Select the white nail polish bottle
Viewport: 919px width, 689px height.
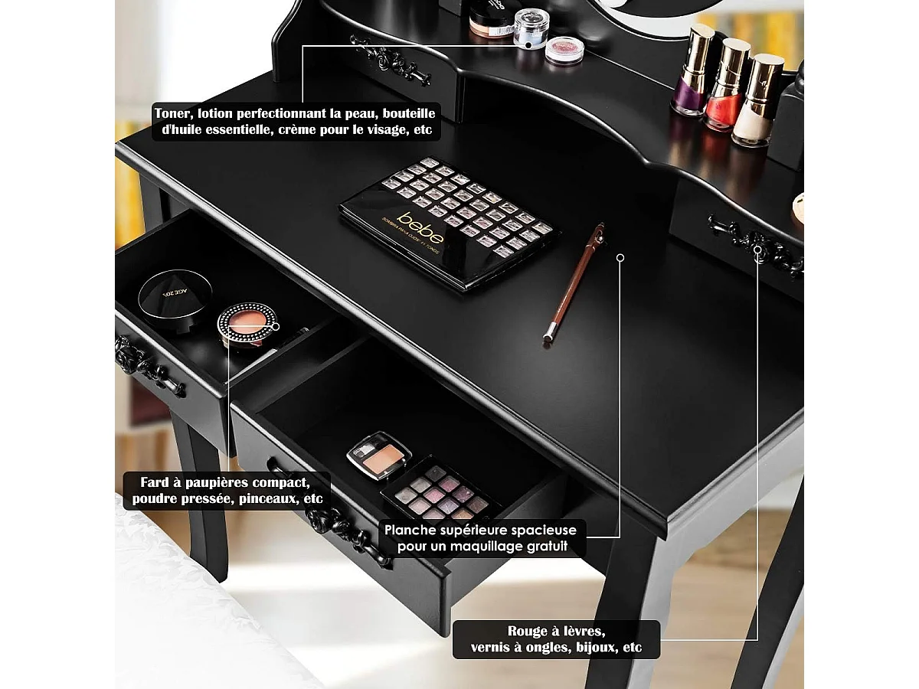(756, 107)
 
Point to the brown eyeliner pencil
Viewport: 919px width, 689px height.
(573, 282)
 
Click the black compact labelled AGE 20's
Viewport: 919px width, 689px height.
(175, 292)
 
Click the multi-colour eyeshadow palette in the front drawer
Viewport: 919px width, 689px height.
(441, 493)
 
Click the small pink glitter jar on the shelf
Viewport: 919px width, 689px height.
(564, 50)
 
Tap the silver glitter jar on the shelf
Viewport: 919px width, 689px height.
(528, 28)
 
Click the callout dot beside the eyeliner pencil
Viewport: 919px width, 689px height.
(620, 258)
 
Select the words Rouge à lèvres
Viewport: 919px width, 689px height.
(557, 631)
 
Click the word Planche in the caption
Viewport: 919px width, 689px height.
(413, 530)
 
